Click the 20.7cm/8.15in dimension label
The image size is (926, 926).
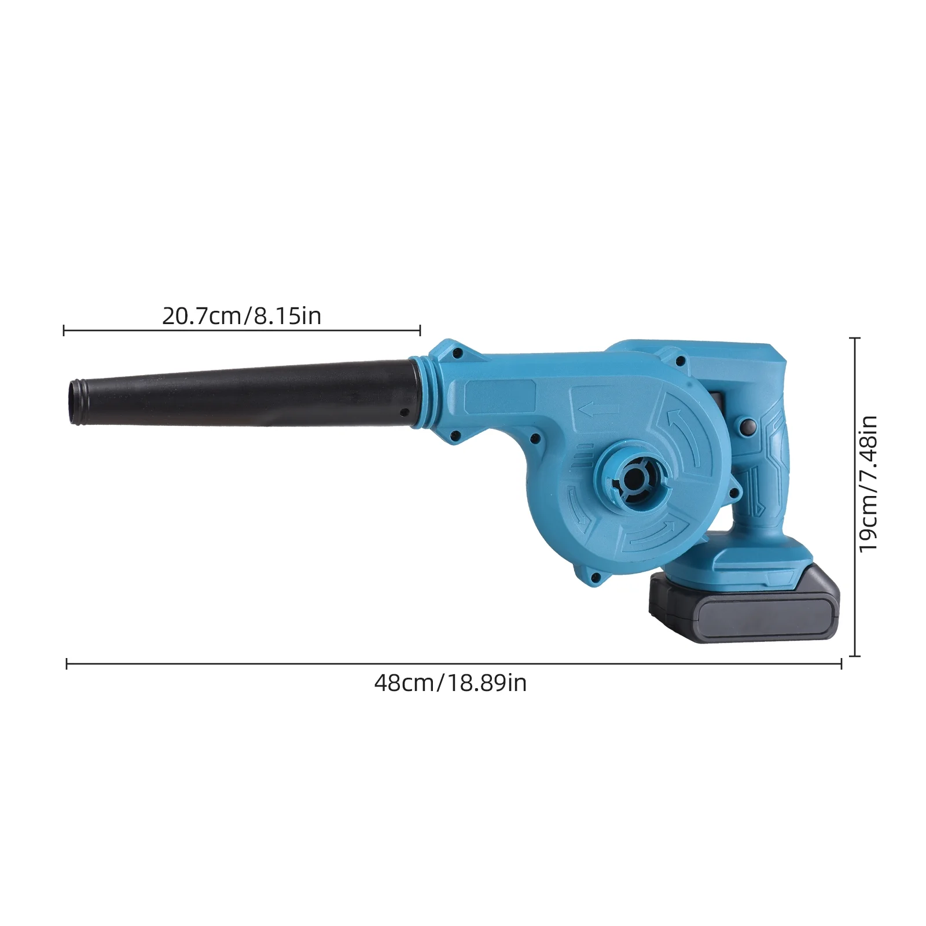241,316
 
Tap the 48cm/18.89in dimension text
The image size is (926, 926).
450,683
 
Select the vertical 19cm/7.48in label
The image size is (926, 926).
868,484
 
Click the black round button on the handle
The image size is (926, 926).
748,427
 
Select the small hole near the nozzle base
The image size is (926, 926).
405,413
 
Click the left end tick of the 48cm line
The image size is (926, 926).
67,664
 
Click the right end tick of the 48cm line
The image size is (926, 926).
841,664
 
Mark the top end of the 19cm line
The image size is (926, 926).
855,338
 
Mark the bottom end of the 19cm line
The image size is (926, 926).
855,656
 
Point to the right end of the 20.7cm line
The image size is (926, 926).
420,330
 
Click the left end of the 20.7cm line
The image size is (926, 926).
64,330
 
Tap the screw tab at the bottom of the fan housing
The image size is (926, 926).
593,575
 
